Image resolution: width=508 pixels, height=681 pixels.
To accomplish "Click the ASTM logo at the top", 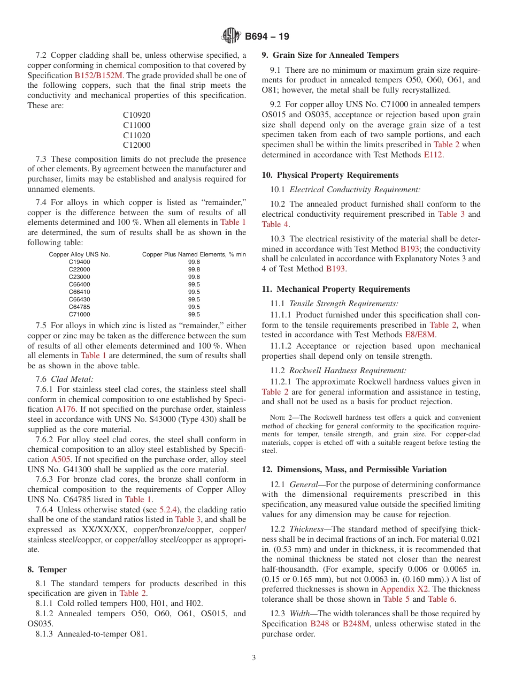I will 231,36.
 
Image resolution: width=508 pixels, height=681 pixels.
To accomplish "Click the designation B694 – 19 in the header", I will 267,37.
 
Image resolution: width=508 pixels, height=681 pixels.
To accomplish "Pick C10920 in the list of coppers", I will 136,115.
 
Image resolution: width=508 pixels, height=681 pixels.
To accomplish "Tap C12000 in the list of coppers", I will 136,145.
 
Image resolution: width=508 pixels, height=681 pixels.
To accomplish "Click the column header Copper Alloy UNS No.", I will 79,254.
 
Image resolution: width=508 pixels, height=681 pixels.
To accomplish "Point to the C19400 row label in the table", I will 79,262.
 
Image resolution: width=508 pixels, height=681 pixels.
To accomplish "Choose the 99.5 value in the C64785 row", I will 194,307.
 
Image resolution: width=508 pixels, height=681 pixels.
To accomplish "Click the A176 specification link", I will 66,409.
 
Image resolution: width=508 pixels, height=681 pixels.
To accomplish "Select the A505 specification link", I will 60,459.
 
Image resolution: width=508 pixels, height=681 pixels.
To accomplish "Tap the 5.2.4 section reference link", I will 169,509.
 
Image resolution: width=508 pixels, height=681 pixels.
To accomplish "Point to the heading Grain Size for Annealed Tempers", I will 335,55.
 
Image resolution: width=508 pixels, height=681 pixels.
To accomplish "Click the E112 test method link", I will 433,155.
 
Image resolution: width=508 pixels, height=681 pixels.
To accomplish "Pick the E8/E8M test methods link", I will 420,335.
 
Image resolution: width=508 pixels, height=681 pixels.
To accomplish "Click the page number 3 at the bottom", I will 254,658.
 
